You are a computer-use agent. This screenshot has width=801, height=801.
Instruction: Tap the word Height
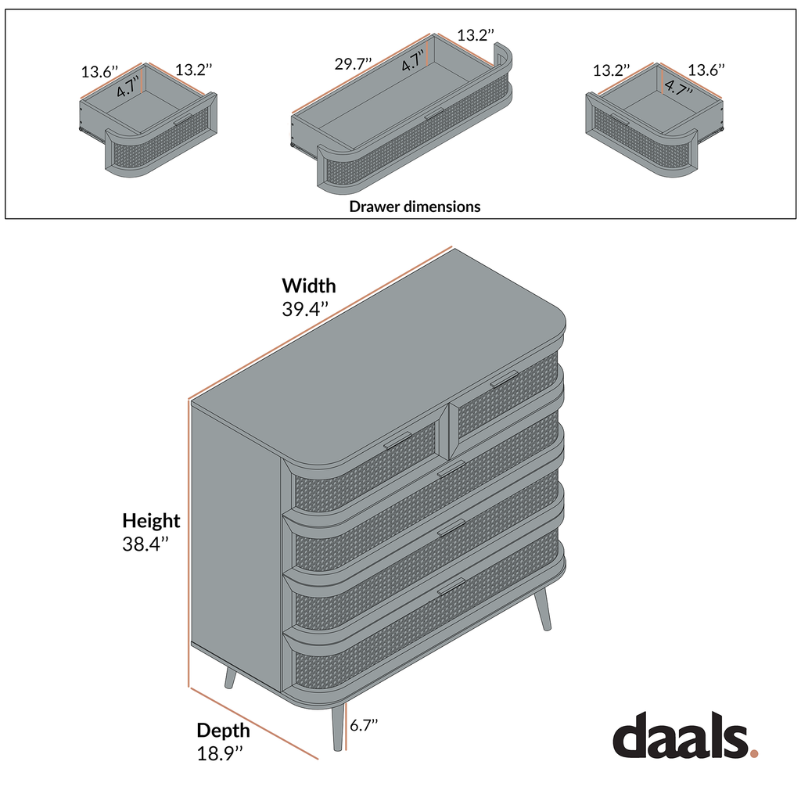(151, 521)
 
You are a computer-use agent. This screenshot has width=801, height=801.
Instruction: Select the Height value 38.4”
(145, 544)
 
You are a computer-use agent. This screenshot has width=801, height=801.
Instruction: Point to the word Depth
(223, 731)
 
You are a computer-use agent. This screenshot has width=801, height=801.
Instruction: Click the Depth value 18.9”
(219, 754)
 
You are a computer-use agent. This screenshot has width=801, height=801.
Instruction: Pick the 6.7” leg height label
(364, 725)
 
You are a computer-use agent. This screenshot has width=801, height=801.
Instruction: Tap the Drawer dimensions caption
(415, 207)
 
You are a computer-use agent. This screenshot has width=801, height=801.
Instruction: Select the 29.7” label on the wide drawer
(354, 64)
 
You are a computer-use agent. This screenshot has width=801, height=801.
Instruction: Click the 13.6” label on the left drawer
(99, 72)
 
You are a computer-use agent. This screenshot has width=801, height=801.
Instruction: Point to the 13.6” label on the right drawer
(706, 70)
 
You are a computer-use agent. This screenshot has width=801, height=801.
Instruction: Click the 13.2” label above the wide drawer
(476, 35)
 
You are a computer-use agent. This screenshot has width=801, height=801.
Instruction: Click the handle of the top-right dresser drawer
(505, 379)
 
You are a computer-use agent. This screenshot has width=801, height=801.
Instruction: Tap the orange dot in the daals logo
(754, 754)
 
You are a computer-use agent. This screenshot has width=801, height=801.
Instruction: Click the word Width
(309, 286)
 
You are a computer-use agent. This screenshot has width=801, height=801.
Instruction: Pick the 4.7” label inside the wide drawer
(414, 60)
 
